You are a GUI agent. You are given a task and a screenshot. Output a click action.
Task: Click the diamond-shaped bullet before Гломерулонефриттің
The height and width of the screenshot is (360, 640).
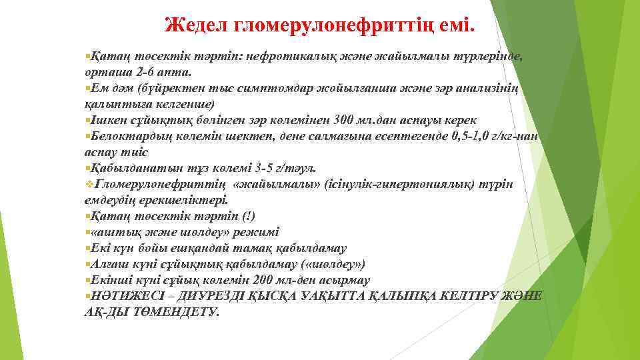tap(89, 184)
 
